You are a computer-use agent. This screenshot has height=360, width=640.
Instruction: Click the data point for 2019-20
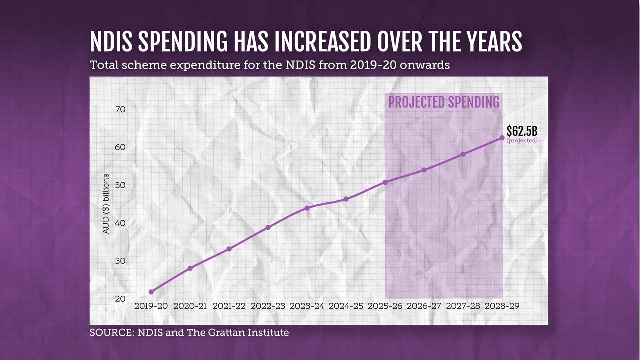pyautogui.click(x=151, y=292)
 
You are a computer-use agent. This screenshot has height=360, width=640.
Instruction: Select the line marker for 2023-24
pyautogui.click(x=307, y=208)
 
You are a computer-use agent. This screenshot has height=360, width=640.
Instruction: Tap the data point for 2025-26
pyautogui.click(x=385, y=182)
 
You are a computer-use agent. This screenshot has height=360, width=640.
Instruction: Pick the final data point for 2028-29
pyautogui.click(x=502, y=138)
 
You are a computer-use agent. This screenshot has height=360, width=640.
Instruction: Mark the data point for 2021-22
pyautogui.click(x=229, y=249)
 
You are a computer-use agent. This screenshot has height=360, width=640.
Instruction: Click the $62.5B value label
pyautogui.click(x=522, y=131)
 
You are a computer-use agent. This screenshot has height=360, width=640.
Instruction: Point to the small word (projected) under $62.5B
pyautogui.click(x=522, y=141)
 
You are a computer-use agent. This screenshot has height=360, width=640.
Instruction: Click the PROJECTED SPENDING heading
pyautogui.click(x=444, y=102)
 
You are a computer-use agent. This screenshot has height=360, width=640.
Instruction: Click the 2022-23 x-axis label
pyautogui.click(x=268, y=306)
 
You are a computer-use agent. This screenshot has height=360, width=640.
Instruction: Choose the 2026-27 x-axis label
pyautogui.click(x=424, y=306)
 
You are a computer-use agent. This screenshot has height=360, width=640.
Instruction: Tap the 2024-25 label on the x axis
pyautogui.click(x=346, y=306)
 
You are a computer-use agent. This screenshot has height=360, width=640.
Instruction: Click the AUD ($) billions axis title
pyautogui.click(x=106, y=204)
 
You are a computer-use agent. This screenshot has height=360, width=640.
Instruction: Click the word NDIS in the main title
pyautogui.click(x=111, y=43)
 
